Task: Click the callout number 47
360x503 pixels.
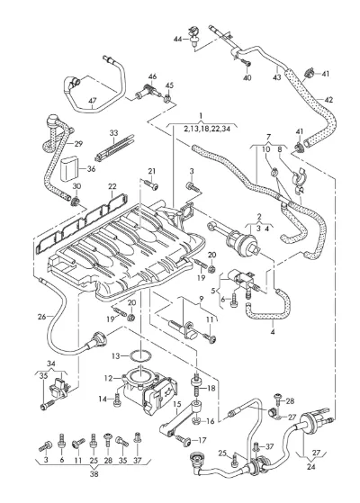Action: [x=93, y=101]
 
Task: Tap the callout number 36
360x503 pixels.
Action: [x=92, y=169]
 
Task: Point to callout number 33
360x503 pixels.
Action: [x=114, y=133]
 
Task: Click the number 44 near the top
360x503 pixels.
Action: [x=178, y=39]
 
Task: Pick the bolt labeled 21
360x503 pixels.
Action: [x=151, y=184]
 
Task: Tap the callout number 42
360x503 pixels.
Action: [x=328, y=100]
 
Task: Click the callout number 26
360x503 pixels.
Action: [x=41, y=317]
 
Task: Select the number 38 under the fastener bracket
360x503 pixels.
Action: [x=94, y=474]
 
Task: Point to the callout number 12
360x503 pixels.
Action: [x=108, y=379]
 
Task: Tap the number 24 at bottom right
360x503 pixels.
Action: [x=310, y=467]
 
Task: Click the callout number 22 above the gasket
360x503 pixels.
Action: [x=112, y=186]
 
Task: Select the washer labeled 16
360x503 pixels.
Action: [x=197, y=420]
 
